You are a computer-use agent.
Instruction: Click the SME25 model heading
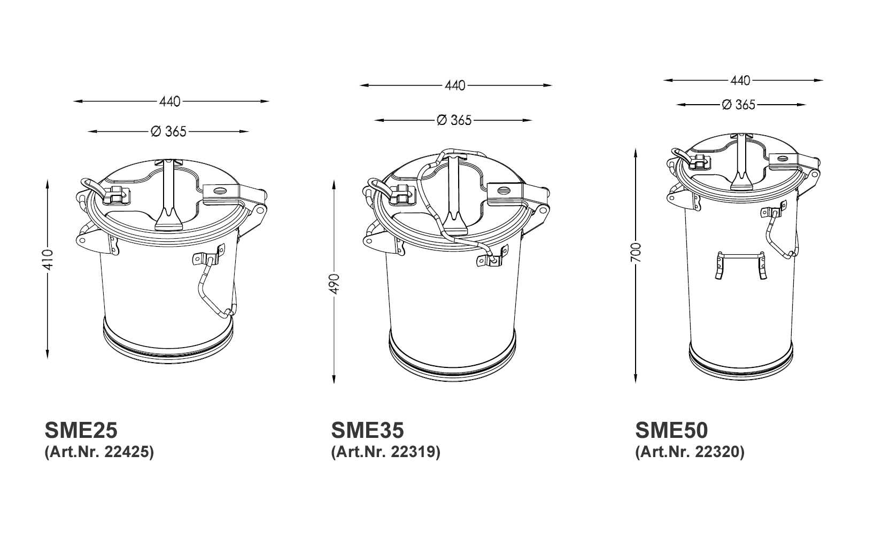[x=81, y=430]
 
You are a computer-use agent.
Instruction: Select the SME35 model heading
[x=367, y=430]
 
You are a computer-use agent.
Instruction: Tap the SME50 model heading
[x=671, y=430]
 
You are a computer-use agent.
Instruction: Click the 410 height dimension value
[x=48, y=260]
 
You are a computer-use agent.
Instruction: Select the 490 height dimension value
[x=334, y=284]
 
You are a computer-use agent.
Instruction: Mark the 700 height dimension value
[x=636, y=253]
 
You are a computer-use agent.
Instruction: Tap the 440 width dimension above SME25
[x=170, y=101]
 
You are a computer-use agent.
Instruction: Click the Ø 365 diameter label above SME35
[x=454, y=120]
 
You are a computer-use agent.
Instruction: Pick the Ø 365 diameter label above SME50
[x=739, y=105]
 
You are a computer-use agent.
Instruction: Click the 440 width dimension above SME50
[x=740, y=81]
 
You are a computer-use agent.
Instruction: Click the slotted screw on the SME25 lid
[x=219, y=191]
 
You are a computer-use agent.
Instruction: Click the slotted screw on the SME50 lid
[x=782, y=158]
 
